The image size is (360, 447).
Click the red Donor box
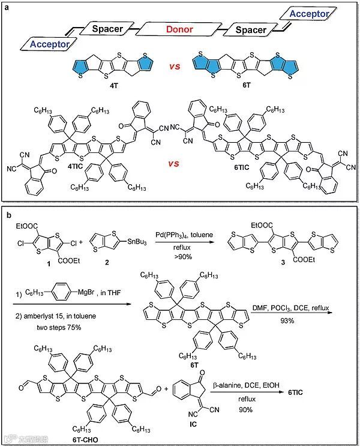[180, 28]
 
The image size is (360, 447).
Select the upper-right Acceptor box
[309, 13]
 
